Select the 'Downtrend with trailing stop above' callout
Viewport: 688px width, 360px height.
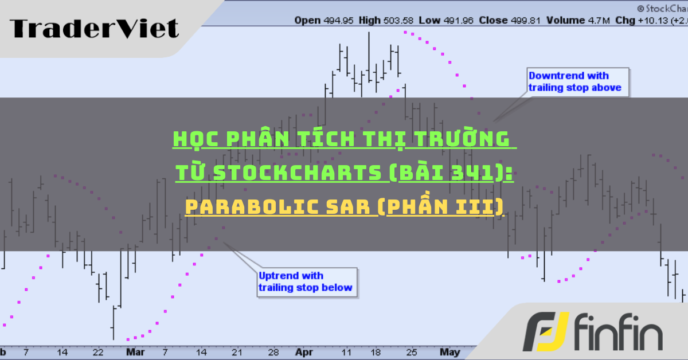[577, 81]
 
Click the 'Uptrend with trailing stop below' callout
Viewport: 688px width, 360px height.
[307, 281]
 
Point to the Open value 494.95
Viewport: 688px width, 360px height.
[337, 21]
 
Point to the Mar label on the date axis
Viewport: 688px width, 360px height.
[135, 351]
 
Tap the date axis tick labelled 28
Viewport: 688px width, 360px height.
[273, 351]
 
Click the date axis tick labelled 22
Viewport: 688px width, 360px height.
[98, 351]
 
